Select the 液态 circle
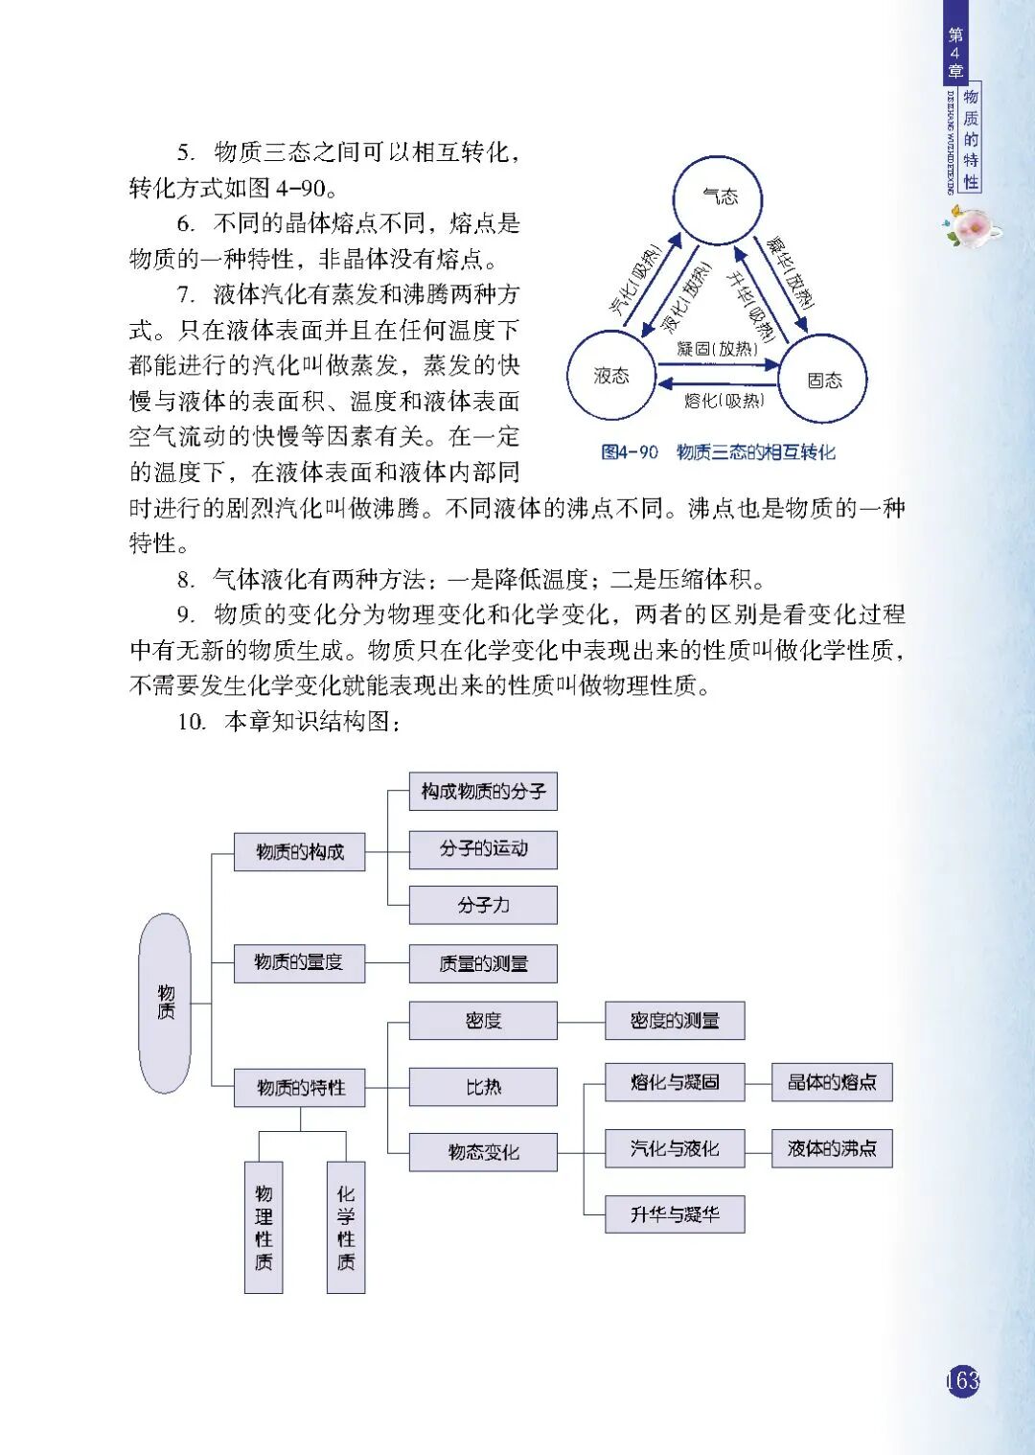(611, 376)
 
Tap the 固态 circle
(823, 380)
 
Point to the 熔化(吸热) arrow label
(724, 401)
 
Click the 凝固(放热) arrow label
(717, 350)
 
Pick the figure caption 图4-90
(630, 452)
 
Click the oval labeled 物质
(165, 1003)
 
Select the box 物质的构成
(299, 851)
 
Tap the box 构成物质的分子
(483, 792)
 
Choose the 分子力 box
(483, 905)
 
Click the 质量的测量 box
(483, 963)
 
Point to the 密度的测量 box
(675, 1021)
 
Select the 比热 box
(483, 1087)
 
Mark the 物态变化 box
(483, 1152)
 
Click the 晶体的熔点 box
(832, 1082)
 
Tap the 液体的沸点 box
(832, 1148)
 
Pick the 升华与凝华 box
(675, 1214)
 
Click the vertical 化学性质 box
(346, 1228)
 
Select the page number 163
(962, 1380)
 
